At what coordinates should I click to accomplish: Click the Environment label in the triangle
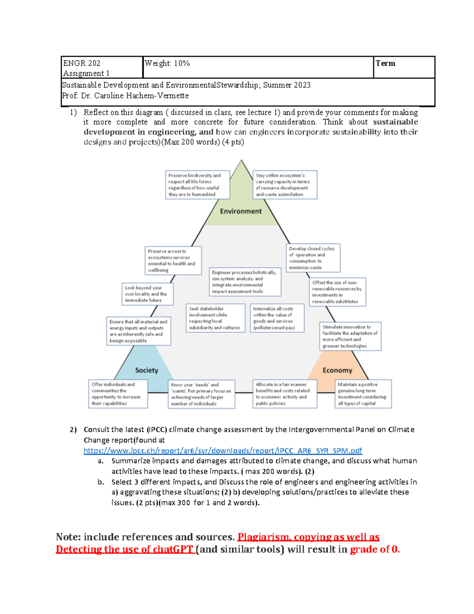coord(241,211)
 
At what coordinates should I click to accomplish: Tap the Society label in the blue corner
coord(147,370)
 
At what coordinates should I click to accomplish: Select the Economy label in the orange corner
coord(337,370)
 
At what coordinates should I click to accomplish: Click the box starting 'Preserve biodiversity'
coord(197,185)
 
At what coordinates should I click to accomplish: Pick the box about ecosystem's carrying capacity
coord(284,185)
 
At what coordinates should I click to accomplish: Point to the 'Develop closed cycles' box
coord(313,258)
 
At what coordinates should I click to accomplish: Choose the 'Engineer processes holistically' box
coord(245,282)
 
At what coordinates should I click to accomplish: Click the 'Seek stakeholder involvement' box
coord(215,318)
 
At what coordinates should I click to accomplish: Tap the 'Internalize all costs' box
coord(277,318)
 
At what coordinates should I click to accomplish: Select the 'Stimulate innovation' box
coord(350,336)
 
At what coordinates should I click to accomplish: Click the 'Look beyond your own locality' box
coord(147,294)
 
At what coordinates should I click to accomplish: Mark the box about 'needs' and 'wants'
coord(201,394)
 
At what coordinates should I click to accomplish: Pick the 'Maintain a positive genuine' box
coord(363,394)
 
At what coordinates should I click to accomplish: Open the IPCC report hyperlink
coord(222,451)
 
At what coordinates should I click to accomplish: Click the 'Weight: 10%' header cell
coord(167,63)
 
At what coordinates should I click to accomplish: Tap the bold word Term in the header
coord(385,63)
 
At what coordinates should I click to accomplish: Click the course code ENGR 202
coord(82,63)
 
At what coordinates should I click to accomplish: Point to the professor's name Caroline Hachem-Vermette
coord(141,96)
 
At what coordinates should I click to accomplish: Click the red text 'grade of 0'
coord(374,549)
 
